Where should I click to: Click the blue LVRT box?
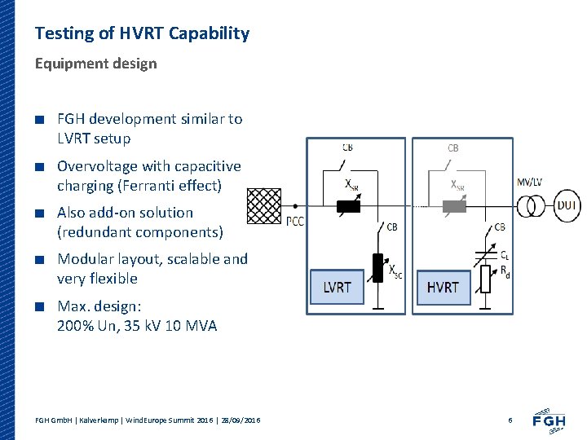(337, 287)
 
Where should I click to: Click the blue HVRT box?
(443, 287)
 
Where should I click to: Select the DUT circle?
(568, 206)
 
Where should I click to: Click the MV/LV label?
(531, 181)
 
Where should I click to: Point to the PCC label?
(295, 221)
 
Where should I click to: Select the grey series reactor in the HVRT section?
(453, 206)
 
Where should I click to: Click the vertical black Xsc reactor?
(377, 266)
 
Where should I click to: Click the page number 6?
(510, 420)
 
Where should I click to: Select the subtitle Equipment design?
(95, 64)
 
